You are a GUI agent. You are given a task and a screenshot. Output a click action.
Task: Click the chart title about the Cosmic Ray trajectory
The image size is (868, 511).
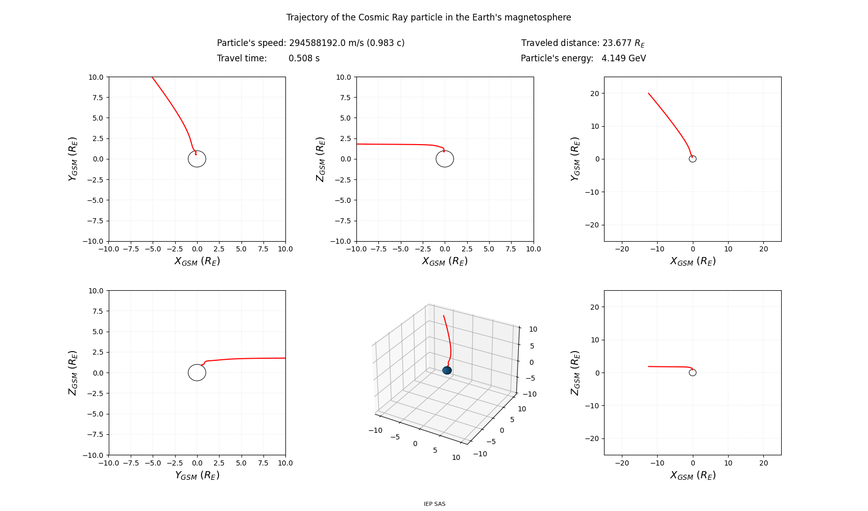(428, 17)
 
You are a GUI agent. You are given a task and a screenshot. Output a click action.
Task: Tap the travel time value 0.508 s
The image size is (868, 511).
(304, 58)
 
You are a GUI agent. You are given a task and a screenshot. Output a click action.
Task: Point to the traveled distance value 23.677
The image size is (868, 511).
(616, 43)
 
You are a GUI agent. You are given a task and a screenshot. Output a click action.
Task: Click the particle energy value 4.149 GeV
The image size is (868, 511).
(623, 58)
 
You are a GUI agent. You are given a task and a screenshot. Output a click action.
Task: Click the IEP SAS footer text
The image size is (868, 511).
(435, 504)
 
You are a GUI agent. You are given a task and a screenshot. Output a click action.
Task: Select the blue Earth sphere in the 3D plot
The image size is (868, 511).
(447, 370)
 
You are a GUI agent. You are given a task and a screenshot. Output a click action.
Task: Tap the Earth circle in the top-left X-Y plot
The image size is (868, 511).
(197, 159)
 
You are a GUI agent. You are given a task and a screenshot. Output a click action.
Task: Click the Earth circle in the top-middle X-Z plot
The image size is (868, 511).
(445, 159)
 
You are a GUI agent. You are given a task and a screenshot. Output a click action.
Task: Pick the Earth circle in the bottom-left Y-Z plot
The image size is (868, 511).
(197, 373)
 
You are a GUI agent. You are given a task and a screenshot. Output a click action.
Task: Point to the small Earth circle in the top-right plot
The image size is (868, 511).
(692, 159)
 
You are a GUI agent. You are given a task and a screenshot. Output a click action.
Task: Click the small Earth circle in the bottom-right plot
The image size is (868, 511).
(692, 373)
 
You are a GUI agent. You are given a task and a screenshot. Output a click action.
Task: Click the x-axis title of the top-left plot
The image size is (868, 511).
(197, 261)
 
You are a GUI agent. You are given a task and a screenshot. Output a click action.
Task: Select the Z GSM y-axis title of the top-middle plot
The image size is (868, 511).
(320, 159)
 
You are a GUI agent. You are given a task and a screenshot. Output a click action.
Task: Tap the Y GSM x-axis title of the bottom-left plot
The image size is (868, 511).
(197, 475)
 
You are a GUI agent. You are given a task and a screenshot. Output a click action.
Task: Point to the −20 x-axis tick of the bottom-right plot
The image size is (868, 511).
(622, 463)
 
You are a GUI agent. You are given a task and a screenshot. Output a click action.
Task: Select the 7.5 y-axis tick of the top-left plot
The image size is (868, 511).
(97, 98)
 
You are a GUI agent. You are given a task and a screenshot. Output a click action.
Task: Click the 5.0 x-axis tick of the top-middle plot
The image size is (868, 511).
(489, 249)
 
